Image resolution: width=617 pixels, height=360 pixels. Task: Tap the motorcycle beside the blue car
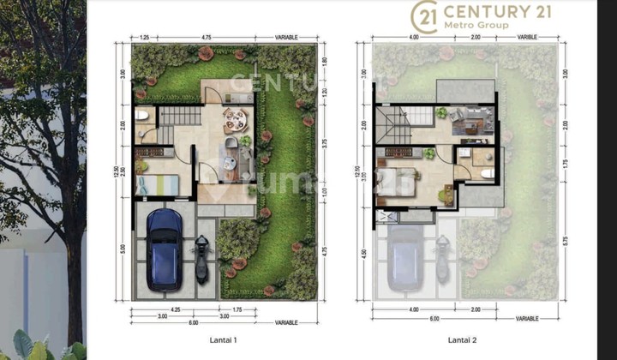[201, 256]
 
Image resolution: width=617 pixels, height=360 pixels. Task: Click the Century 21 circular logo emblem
[424, 16]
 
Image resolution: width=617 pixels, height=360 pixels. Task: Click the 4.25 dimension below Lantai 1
[174, 308]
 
